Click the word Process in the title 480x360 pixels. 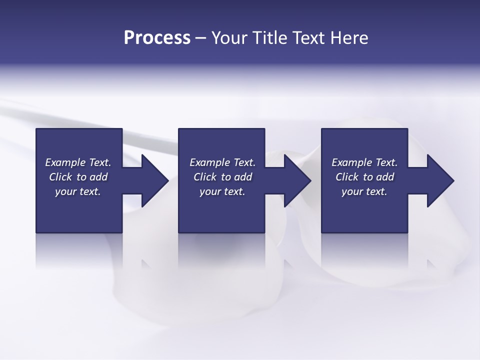(x=157, y=38)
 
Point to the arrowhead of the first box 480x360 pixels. (x=152, y=180)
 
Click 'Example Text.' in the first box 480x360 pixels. (x=78, y=162)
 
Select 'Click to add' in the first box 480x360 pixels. (x=78, y=177)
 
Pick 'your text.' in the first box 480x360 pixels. (x=78, y=191)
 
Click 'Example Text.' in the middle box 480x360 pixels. (x=222, y=162)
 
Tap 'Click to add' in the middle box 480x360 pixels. (x=222, y=177)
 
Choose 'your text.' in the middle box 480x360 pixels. (x=222, y=191)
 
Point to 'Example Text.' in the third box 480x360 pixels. (x=364, y=162)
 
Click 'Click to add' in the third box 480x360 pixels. (x=364, y=177)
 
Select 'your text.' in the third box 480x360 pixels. (x=364, y=191)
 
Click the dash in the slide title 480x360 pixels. (x=201, y=38)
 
